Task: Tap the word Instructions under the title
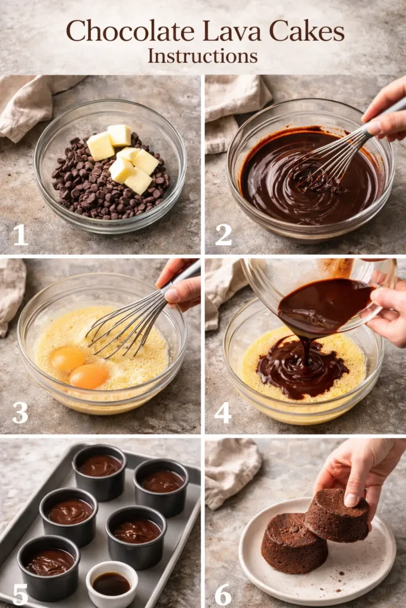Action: click(x=203, y=56)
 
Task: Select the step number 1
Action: click(x=21, y=235)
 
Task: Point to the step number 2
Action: click(x=224, y=235)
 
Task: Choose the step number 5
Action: click(x=21, y=594)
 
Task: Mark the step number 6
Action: click(x=224, y=594)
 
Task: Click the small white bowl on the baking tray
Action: click(x=112, y=583)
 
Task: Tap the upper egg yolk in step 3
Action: click(x=67, y=359)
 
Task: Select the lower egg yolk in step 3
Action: click(x=89, y=376)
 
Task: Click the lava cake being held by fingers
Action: click(x=337, y=515)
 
